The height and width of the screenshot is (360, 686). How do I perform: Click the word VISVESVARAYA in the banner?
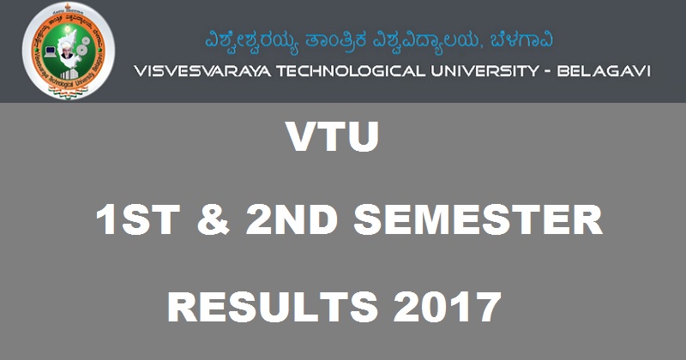198,71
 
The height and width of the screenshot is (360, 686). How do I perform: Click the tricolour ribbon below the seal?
68,93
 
